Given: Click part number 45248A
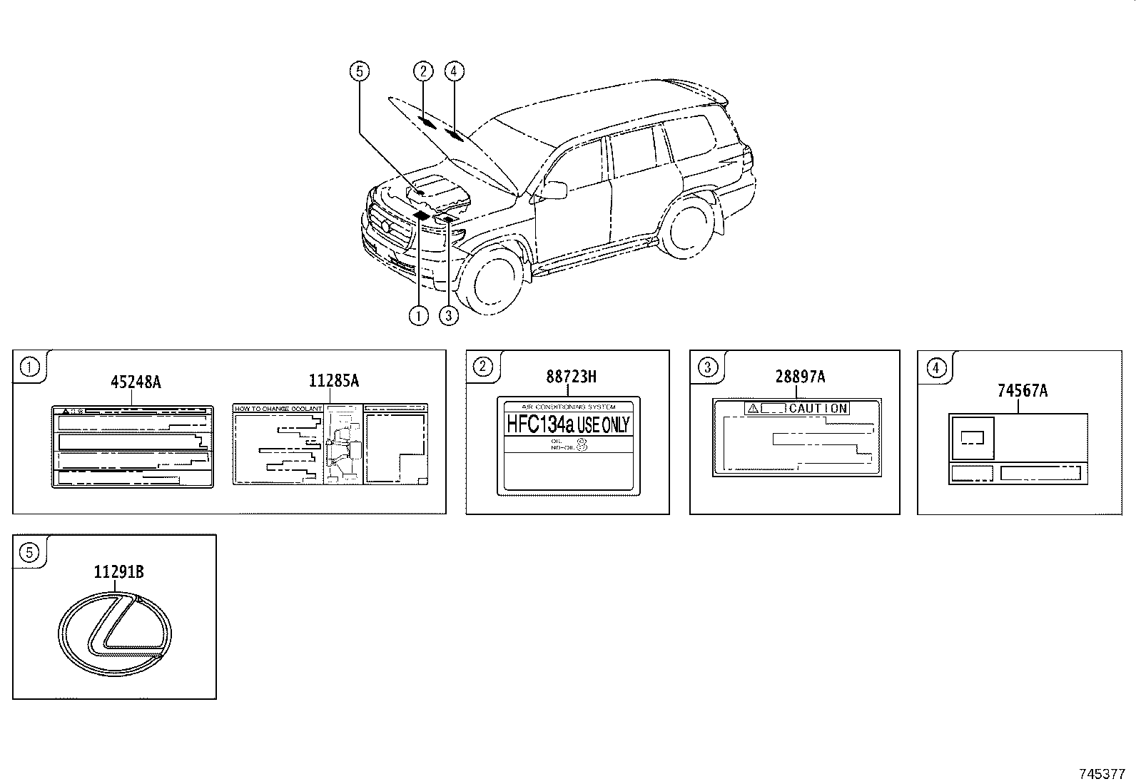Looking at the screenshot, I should click(x=136, y=382).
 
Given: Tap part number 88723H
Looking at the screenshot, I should click(x=571, y=377).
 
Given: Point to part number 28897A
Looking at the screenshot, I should click(x=800, y=377).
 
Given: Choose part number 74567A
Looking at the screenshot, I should click(x=1022, y=390).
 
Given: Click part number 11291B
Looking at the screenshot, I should click(x=118, y=571).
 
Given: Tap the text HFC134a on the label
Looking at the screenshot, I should click(x=540, y=424).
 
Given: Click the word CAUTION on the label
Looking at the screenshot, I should click(x=818, y=409).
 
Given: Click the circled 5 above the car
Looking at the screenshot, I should click(x=359, y=71).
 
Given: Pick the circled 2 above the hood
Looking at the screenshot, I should click(x=423, y=71).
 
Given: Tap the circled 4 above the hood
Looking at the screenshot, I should click(x=454, y=71).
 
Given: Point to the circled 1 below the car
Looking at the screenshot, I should click(x=418, y=315).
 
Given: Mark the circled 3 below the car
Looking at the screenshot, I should click(x=448, y=315).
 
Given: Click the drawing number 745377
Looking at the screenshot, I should click(x=1102, y=773).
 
